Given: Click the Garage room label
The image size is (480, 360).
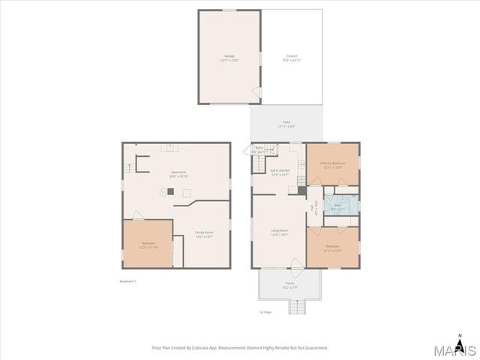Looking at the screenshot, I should pyautogui.click(x=229, y=58).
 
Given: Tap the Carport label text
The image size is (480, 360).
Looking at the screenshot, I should pyautogui.click(x=292, y=58).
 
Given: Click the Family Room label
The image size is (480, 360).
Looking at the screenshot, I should pyautogui.click(x=204, y=233).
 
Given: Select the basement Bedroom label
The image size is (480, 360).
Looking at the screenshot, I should pyautogui.click(x=148, y=244).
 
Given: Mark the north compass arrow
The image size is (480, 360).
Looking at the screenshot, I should pyautogui.click(x=460, y=336).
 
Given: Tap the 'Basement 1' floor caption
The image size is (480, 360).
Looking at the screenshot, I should pyautogui.click(x=127, y=281).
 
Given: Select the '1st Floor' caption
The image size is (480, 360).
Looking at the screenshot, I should pyautogui.click(x=264, y=312).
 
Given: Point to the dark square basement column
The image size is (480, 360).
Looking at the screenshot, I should pyautogui.click(x=170, y=191).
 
